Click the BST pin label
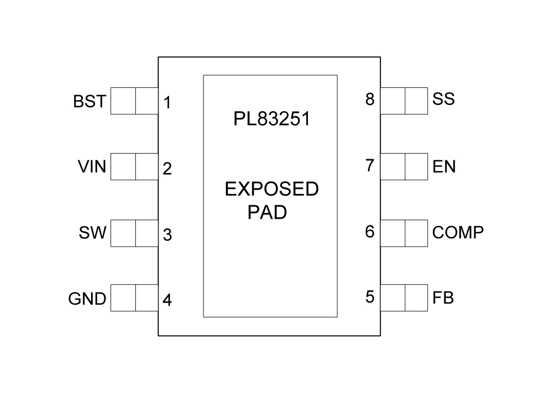pos(89,101)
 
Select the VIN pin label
pos(91,167)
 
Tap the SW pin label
pos(92,233)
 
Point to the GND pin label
pos(87,298)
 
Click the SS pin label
pos(443,99)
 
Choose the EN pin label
pos(444,167)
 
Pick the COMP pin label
pos(458,233)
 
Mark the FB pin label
pos(443,298)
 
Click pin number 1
pos(167,103)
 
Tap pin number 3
pos(167,235)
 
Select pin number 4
pos(167,300)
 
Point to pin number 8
pos(370,99)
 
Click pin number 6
pos(370,232)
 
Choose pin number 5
pos(370,297)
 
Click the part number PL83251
pos(271,119)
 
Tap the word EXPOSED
pos(271,189)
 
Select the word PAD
pos(267,213)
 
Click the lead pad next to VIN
pos(134,167)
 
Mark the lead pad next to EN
pos(404,167)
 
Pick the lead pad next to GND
pos(134,298)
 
